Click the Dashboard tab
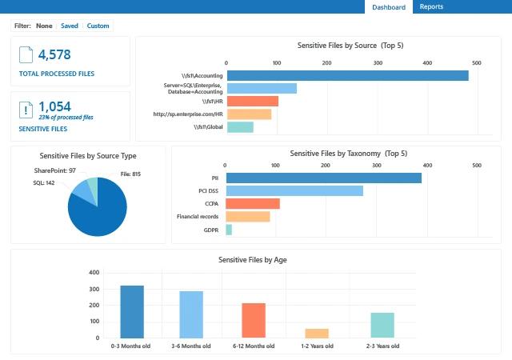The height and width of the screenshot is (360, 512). tap(389, 7)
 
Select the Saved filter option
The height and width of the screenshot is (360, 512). tap(70, 26)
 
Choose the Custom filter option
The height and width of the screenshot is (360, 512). tap(98, 26)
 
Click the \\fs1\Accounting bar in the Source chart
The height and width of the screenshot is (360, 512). tap(347, 76)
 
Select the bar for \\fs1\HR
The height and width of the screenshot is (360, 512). tap(252, 102)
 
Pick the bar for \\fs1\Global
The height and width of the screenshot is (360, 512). tap(240, 127)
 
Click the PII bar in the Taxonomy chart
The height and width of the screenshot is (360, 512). tap(323, 178)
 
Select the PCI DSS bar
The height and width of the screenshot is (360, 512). tap(294, 191)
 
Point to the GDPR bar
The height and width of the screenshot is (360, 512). tap(229, 230)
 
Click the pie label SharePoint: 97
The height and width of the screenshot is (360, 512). tap(55, 170)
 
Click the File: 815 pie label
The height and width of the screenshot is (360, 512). tap(130, 174)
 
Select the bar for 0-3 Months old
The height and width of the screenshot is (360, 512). tap(132, 311)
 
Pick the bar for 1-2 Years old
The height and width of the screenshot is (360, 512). tap(317, 333)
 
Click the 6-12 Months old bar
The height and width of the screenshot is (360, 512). tap(254, 320)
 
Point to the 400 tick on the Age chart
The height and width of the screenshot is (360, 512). tap(94, 273)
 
